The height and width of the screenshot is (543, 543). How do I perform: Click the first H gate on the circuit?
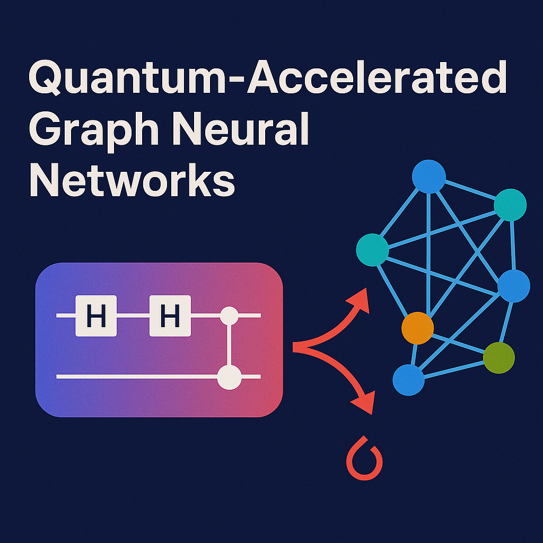click(x=95, y=317)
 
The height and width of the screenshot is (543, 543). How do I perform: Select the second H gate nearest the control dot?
click(x=170, y=317)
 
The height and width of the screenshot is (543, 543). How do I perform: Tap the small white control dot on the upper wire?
click(x=229, y=316)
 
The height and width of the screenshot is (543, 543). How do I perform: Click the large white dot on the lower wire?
click(x=230, y=377)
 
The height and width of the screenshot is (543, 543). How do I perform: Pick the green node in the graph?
click(x=499, y=357)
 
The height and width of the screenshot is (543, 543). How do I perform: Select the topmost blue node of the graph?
click(x=429, y=177)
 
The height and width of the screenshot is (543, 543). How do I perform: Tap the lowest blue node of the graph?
click(x=408, y=380)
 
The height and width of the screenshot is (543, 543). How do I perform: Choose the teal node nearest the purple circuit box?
click(x=372, y=250)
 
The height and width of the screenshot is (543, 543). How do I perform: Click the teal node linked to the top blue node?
click(x=510, y=204)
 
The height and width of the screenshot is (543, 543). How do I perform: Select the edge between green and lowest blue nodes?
click(x=453, y=369)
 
